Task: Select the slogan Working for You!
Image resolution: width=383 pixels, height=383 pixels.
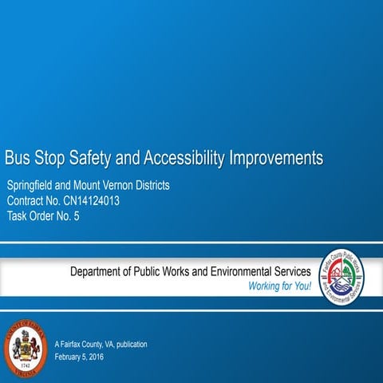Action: click(x=279, y=286)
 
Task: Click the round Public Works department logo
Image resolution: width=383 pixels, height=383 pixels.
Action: click(x=346, y=278)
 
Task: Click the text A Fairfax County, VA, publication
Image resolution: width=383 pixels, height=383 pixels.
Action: click(x=101, y=344)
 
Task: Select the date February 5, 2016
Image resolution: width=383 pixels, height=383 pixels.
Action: click(x=79, y=356)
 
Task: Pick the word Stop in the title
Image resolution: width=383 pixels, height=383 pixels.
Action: click(x=48, y=156)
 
